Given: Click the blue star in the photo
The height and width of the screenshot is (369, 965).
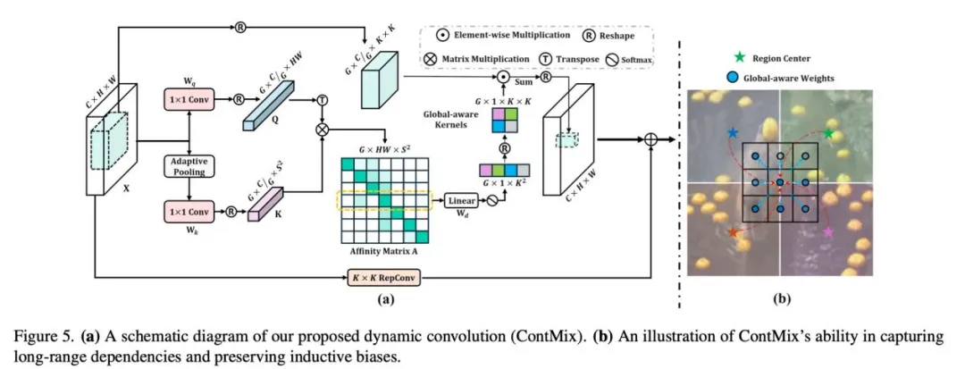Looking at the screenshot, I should (733, 132).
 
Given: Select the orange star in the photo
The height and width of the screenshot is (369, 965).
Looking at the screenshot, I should (734, 232).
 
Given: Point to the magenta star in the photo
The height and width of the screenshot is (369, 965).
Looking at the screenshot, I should (829, 232).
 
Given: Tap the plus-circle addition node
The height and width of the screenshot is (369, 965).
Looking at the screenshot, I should (651, 140).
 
